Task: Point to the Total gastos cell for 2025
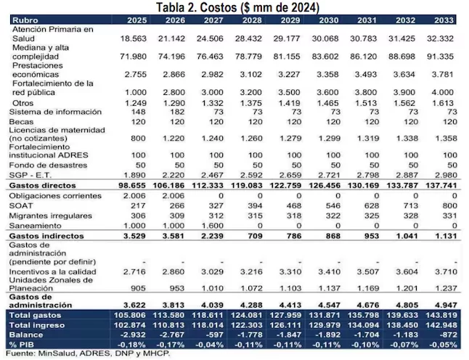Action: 133,316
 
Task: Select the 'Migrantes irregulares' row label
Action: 52,216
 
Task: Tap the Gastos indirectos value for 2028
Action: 253,236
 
